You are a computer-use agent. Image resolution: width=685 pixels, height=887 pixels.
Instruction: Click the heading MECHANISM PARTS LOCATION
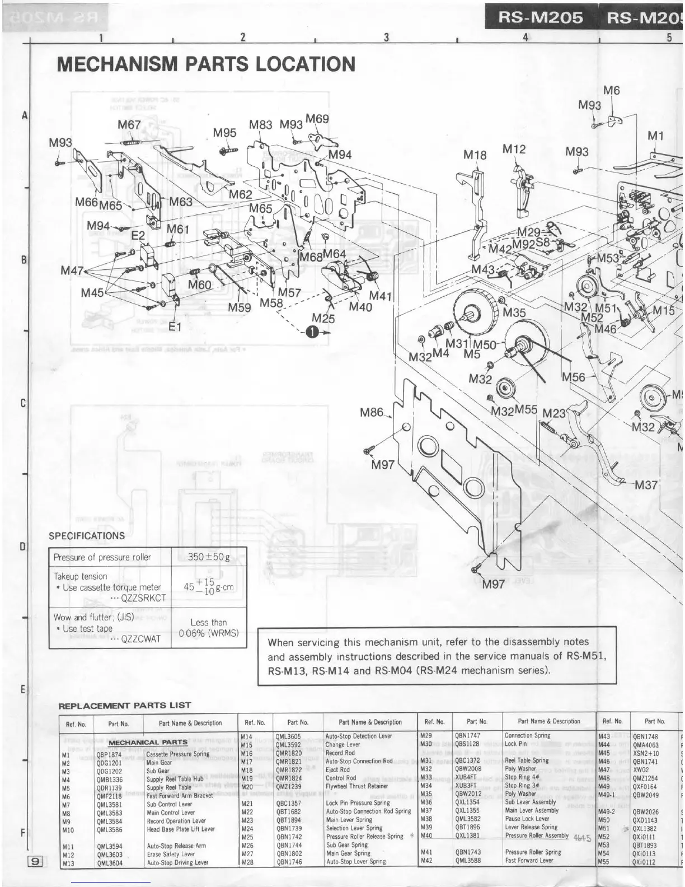[206, 64]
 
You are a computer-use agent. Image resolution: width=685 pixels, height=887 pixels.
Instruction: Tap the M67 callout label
[129, 124]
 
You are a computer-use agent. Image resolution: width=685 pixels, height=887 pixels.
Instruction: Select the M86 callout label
[372, 413]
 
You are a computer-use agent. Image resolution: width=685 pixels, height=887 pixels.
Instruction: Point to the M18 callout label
[475, 155]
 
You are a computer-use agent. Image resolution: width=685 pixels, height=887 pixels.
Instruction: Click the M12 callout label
[514, 149]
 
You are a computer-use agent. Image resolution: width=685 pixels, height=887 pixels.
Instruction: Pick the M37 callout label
[646, 484]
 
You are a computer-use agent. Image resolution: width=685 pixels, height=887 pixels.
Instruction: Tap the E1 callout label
[175, 326]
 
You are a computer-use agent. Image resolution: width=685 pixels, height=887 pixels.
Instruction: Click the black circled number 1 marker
[312, 332]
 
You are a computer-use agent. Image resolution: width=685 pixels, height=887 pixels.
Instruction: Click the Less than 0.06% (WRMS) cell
[208, 628]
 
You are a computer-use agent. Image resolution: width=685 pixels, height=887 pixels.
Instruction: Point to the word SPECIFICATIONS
[87, 535]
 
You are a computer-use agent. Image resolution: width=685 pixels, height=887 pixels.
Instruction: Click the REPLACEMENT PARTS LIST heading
[125, 705]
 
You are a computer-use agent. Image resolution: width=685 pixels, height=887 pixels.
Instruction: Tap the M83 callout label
[261, 124]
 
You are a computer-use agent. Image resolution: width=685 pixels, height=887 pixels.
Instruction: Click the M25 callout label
[323, 318]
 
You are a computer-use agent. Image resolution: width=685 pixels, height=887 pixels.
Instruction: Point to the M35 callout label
[514, 312]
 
